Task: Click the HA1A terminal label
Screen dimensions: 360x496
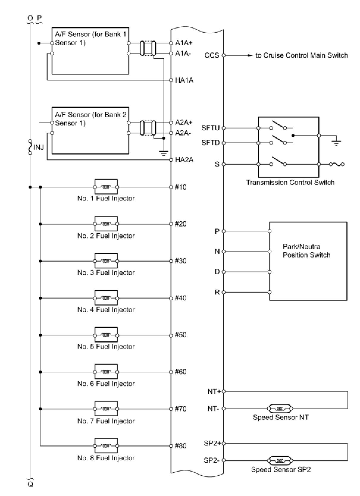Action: tap(184, 80)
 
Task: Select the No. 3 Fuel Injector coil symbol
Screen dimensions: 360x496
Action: tap(106, 261)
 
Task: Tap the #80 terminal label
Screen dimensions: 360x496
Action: tap(181, 446)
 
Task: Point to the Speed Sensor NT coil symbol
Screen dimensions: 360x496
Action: tap(280, 408)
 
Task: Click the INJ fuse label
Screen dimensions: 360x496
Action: tap(39, 147)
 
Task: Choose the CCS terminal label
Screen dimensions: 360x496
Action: tap(212, 55)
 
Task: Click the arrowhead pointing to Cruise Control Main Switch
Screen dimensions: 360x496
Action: tap(250, 55)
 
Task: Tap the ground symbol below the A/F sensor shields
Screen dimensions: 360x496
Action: tap(164, 153)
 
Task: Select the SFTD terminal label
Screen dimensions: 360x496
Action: tap(210, 143)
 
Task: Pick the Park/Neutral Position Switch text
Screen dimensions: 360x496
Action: tap(306, 251)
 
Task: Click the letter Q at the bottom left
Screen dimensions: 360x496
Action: tap(30, 484)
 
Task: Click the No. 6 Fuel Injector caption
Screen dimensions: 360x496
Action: tap(106, 384)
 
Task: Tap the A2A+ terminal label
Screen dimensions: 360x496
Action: tap(184, 122)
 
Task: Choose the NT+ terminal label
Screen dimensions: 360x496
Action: tap(214, 392)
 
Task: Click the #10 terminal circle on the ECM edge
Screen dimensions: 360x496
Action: tap(171, 187)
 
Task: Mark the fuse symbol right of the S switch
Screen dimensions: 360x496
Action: tap(336, 164)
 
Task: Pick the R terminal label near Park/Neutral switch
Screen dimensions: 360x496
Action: tap(217, 292)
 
